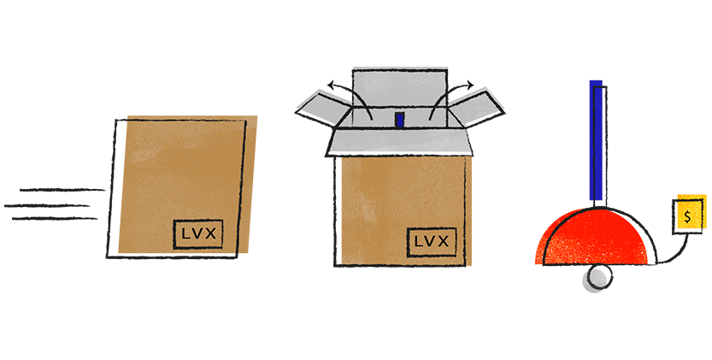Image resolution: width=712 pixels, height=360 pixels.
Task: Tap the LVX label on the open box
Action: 431,241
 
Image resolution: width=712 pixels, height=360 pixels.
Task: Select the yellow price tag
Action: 688,213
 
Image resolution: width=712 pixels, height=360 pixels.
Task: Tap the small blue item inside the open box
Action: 399,119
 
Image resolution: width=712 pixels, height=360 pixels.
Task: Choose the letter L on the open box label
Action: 417,241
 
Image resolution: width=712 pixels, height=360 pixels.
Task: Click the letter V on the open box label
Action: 431,241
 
